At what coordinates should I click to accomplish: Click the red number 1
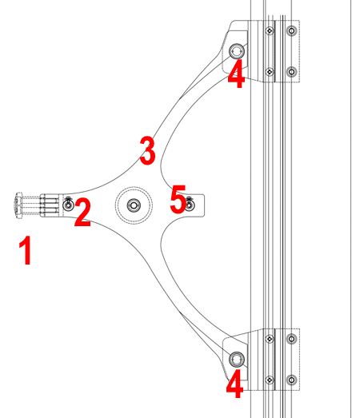26,250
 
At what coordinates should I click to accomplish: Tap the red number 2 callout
82,213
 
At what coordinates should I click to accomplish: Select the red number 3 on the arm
147,150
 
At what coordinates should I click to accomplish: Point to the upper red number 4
236,74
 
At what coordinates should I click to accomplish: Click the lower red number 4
235,384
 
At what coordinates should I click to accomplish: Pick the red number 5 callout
178,199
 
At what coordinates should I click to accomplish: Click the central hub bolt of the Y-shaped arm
134,205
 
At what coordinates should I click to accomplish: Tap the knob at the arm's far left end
18,205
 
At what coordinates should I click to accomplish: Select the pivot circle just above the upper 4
237,51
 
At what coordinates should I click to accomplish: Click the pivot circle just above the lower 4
237,359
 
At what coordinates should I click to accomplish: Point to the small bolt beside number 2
68,205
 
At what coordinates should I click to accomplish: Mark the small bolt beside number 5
190,205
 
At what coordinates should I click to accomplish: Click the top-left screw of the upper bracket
270,30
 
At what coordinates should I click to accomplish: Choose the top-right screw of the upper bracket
292,30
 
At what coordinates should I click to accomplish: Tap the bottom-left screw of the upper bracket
270,72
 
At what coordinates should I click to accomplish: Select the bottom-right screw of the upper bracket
292,72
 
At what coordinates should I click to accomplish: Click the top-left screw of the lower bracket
270,339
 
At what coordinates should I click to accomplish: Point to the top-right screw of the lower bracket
292,339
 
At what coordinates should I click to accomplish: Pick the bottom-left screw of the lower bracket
270,380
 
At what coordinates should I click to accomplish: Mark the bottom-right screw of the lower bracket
292,380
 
